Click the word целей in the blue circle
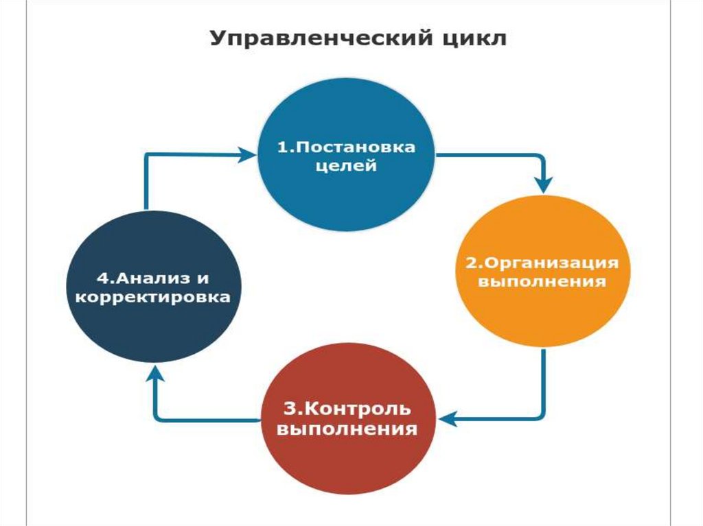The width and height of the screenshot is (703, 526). [x=346, y=167]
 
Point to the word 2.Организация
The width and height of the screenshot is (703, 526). [x=542, y=263]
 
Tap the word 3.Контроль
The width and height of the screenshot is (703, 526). [x=347, y=409]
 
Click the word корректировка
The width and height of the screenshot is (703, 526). [x=152, y=298]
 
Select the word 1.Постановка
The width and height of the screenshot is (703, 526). [x=346, y=147]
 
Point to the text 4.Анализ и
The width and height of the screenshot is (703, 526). [x=152, y=278]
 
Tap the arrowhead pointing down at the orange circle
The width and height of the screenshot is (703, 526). [x=544, y=184]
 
